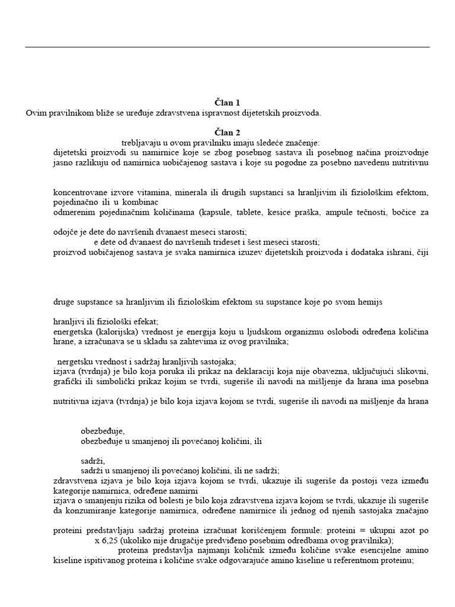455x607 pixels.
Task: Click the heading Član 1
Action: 227,103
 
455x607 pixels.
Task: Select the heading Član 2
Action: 227,132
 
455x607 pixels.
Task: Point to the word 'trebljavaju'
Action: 141,142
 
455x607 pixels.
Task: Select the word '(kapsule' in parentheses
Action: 215,212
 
